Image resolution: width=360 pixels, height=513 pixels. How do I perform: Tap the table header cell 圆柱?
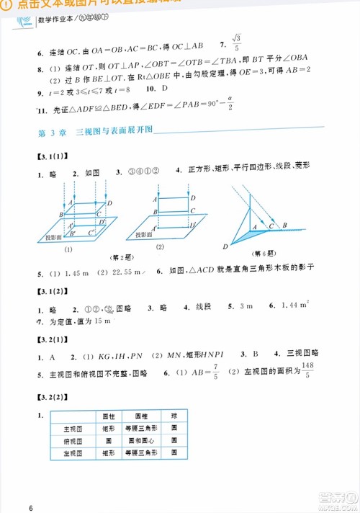coord(109,416)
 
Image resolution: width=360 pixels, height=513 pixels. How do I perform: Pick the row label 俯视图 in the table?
coord(70,440)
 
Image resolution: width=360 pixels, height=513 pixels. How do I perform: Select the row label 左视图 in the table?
coord(70,453)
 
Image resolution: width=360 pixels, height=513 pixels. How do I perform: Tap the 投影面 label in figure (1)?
coord(55,236)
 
